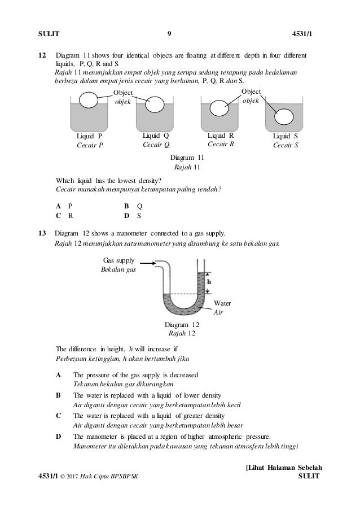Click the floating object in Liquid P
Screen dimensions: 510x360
tap(88, 100)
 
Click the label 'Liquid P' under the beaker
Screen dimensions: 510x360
tap(89, 136)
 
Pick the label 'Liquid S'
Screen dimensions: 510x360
tap(286, 136)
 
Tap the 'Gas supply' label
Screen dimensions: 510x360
tap(118, 259)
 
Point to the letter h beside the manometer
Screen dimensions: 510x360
tap(209, 281)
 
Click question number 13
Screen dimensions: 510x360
tap(41, 233)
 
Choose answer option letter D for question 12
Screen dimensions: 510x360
tap(128, 215)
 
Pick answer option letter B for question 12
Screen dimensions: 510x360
tap(128, 206)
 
